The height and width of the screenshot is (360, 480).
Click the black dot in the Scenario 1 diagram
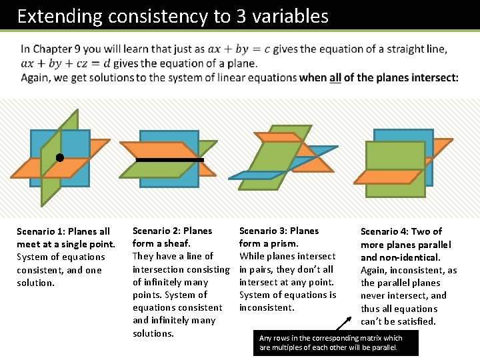tap(59, 158)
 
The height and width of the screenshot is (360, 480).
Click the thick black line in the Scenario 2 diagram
tap(169, 160)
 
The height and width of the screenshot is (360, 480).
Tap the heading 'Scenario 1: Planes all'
tap(63, 231)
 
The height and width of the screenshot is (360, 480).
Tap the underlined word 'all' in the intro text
tap(335, 78)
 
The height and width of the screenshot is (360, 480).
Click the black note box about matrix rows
tap(335, 343)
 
